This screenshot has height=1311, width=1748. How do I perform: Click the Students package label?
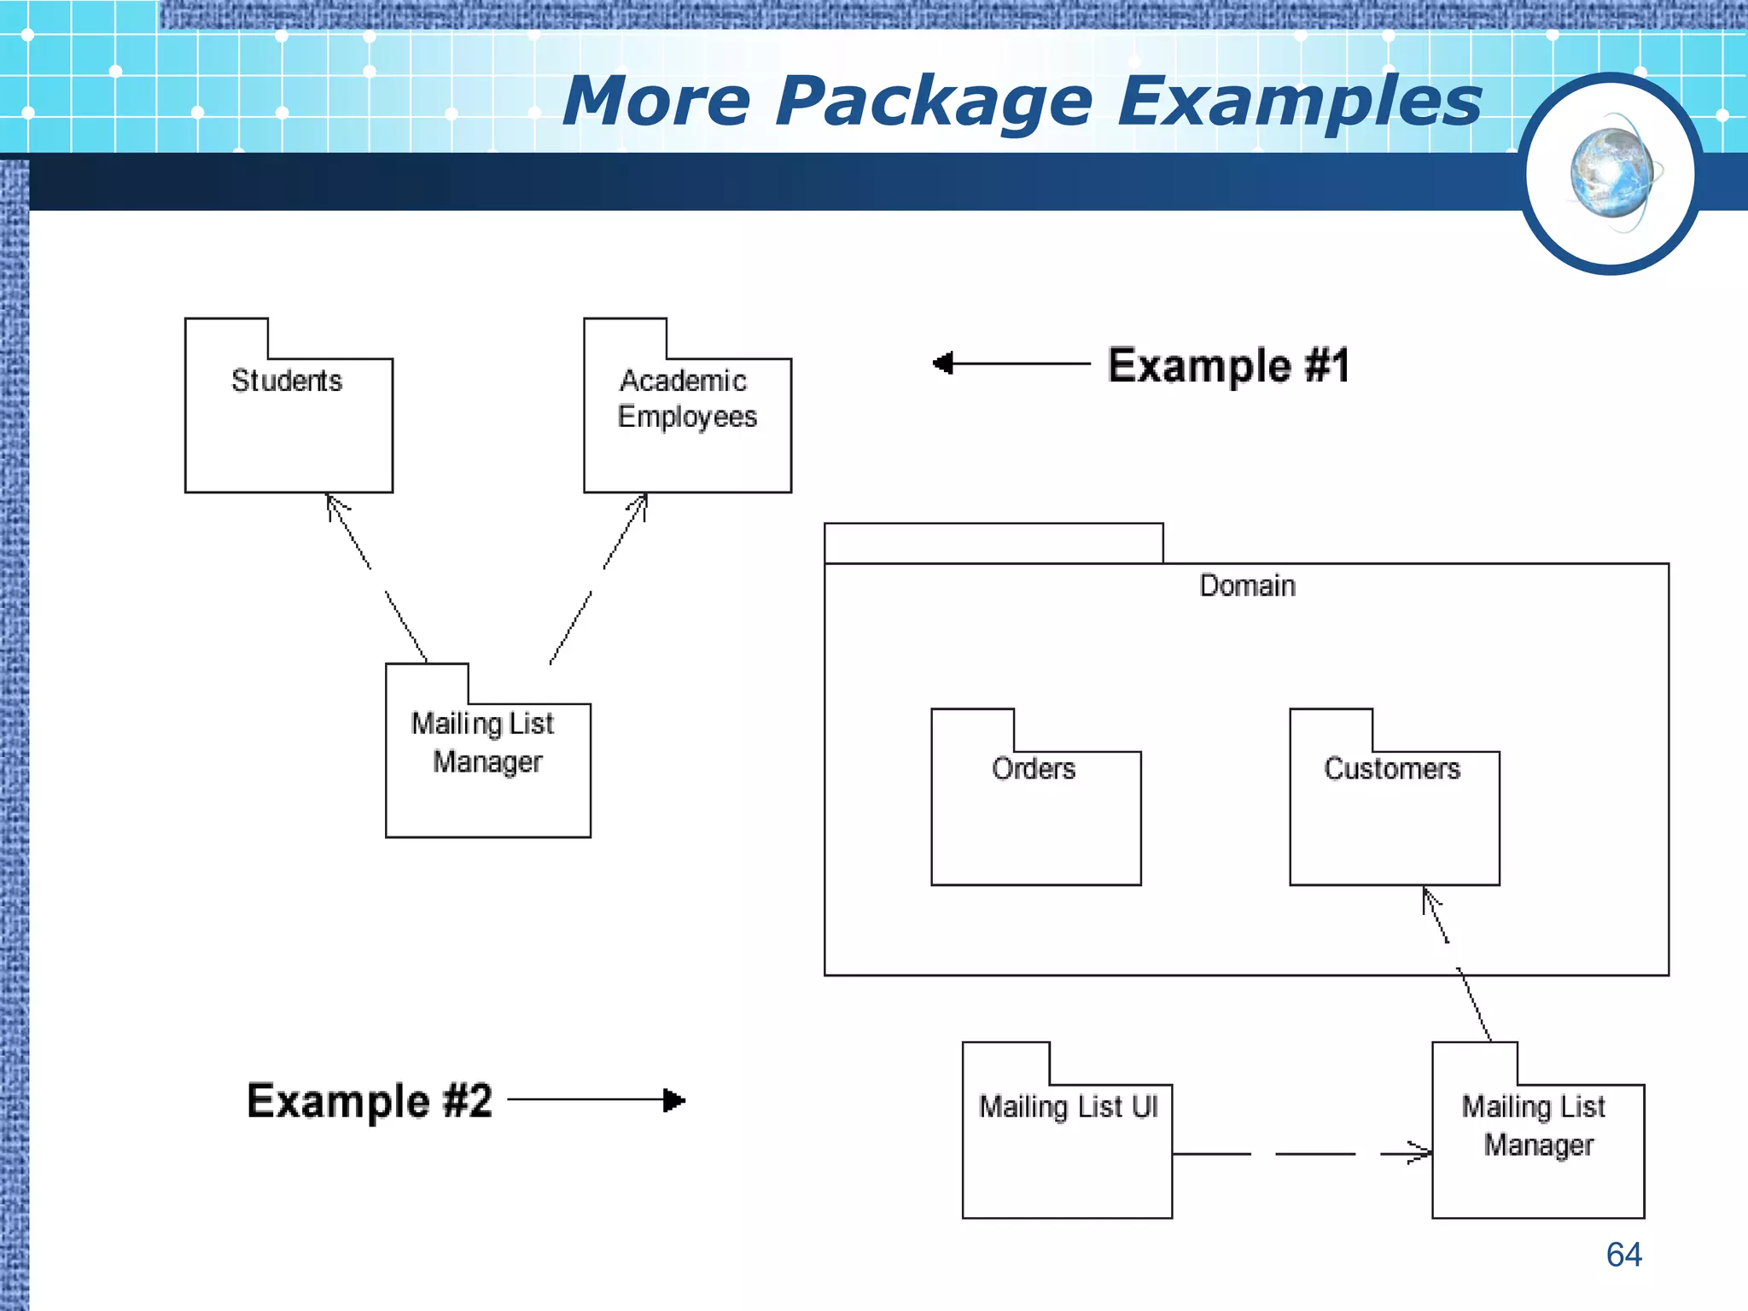[x=287, y=381]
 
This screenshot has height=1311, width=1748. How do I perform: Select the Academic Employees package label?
[x=686, y=399]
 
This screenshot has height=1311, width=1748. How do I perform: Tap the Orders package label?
[x=1034, y=769]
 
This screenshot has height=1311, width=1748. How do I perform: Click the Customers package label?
[x=1392, y=769]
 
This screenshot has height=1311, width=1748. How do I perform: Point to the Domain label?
[x=1247, y=586]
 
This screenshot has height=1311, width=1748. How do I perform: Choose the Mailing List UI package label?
[x=1068, y=1107]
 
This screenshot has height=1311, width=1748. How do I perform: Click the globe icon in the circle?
[x=1611, y=173]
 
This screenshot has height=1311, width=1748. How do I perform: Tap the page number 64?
[x=1623, y=1255]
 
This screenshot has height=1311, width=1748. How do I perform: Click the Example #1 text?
[x=1228, y=366]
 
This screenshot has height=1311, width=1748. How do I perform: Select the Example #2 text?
[x=370, y=1101]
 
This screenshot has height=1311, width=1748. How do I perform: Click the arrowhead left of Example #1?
[x=943, y=364]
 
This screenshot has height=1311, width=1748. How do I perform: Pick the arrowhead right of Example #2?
[x=674, y=1100]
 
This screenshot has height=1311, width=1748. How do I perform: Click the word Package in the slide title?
[x=934, y=102]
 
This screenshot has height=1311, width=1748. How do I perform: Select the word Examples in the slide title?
[x=1299, y=102]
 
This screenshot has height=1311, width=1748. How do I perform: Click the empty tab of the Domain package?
[x=993, y=544]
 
